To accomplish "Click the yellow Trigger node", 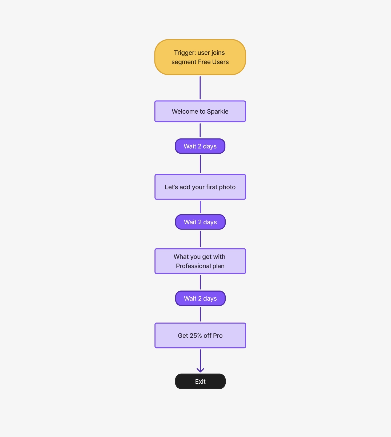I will (200, 57).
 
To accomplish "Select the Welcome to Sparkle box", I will (200, 111).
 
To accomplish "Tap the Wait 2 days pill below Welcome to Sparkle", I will (200, 146).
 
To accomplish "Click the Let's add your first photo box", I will (200, 187).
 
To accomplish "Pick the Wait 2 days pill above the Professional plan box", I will (200, 222).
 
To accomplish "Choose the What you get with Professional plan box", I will (200, 261).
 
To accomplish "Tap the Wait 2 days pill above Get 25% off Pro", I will (200, 298).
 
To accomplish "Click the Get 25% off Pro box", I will (200, 335).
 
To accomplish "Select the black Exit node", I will (200, 381).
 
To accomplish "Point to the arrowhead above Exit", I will (200, 370).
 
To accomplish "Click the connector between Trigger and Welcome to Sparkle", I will (200, 88).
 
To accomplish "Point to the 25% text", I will (195, 336).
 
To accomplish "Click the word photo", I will (227, 187).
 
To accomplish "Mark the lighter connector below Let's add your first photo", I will (200, 207).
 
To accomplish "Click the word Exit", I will (200, 382).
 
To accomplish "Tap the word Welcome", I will (185, 112).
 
